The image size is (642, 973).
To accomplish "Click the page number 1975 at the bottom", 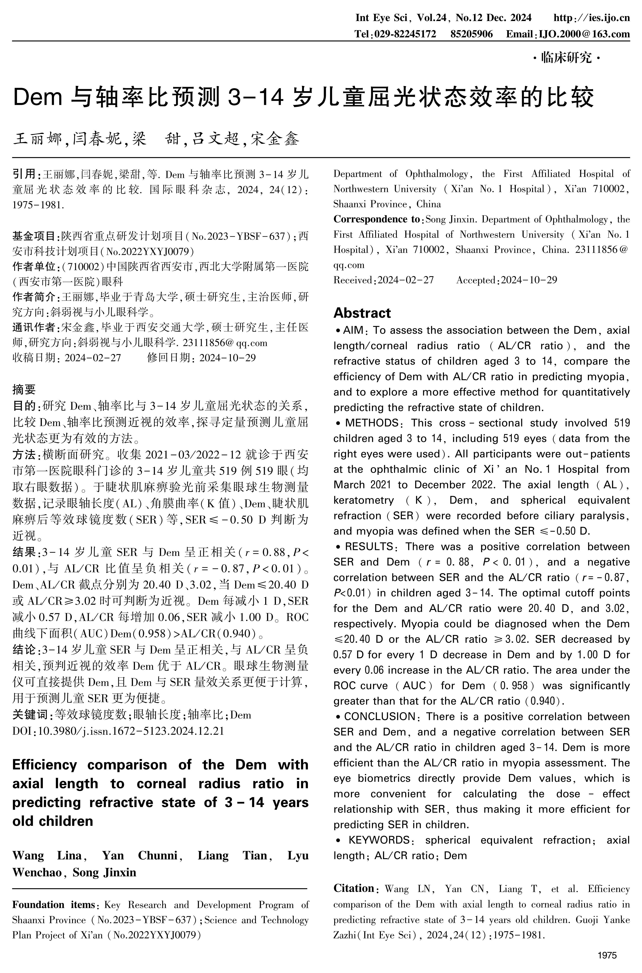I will [x=607, y=955].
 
